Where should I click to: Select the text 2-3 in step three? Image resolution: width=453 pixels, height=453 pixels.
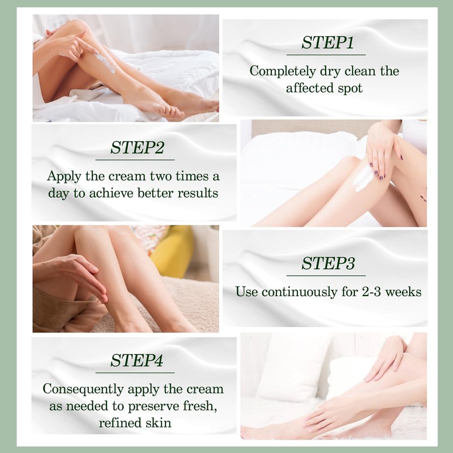356,292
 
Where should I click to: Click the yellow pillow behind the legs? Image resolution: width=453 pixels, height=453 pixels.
172,251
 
